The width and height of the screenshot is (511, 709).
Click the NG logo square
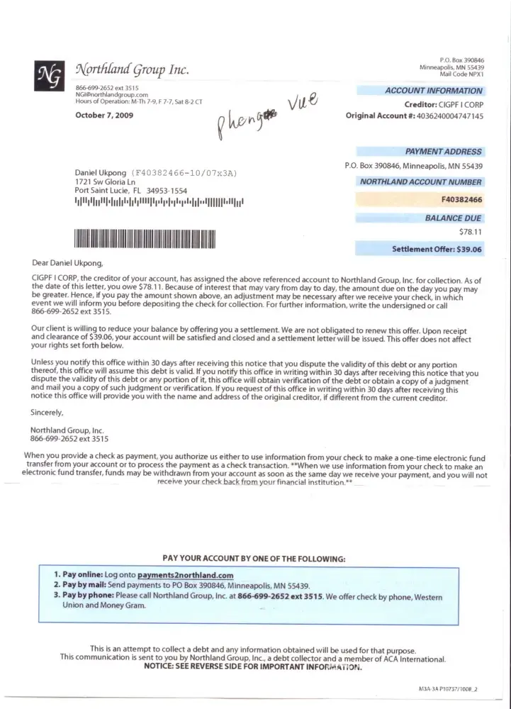50,76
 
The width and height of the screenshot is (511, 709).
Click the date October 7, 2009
104,115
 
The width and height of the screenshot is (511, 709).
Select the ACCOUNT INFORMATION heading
433,91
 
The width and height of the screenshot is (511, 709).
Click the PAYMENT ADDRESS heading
443,152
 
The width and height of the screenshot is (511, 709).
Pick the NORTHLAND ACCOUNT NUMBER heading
421,182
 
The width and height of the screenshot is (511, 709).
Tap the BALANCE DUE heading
453,218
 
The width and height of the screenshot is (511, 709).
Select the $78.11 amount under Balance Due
471,232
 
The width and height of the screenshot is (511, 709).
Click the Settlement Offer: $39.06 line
437,250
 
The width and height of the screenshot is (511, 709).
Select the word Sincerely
47,412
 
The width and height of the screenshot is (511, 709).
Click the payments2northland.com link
186,575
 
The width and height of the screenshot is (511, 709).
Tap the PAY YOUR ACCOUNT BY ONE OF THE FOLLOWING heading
254,559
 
